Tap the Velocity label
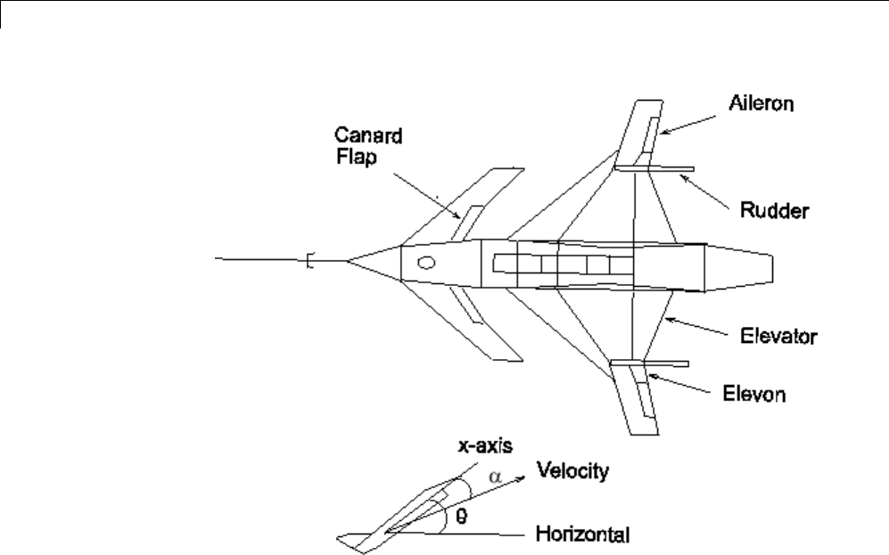click(573, 469)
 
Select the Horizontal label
click(582, 535)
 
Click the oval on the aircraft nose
click(426, 263)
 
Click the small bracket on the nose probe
click(309, 260)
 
